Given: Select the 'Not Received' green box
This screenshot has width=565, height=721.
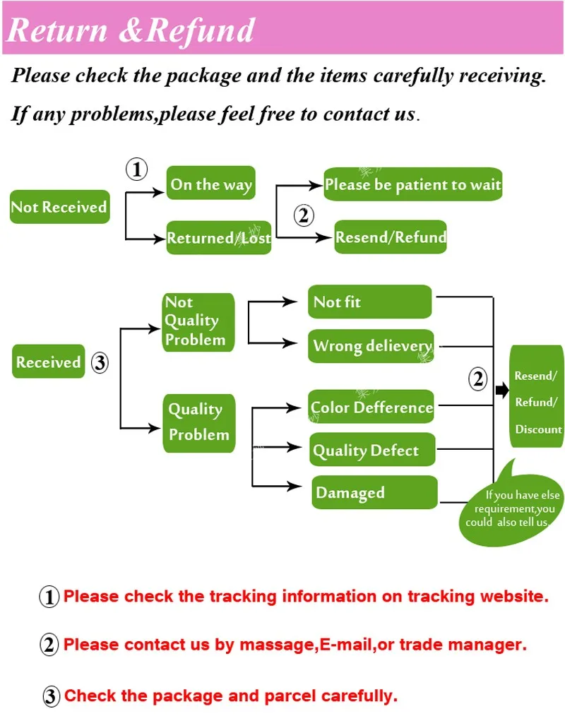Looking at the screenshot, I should (59, 207).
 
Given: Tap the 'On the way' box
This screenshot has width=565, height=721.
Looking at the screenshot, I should (210, 184).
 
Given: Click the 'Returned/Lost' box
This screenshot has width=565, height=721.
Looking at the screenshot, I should (219, 238).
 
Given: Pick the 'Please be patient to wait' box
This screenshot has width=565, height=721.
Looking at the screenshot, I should (412, 185).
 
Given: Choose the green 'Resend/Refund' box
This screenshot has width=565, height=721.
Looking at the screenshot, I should (391, 237).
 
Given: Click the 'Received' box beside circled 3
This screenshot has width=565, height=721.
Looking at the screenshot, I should (48, 362).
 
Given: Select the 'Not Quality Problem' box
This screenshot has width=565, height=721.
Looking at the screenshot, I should (198, 321).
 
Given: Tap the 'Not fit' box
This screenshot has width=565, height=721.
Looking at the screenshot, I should (369, 302).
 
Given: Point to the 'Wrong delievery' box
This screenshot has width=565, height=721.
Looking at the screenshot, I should (371, 346).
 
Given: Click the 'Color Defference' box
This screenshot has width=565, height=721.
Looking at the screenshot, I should (371, 407).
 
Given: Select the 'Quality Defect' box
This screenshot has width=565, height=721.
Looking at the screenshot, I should (372, 450).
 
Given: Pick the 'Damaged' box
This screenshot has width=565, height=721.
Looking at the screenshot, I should (374, 493).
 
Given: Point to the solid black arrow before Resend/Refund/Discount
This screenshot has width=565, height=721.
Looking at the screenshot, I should (502, 390).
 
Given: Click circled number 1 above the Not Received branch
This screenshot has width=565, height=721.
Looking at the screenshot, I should (136, 169).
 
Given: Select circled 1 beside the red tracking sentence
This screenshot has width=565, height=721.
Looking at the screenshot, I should (49, 597).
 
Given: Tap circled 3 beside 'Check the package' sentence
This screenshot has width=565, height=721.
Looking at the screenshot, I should (51, 697).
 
